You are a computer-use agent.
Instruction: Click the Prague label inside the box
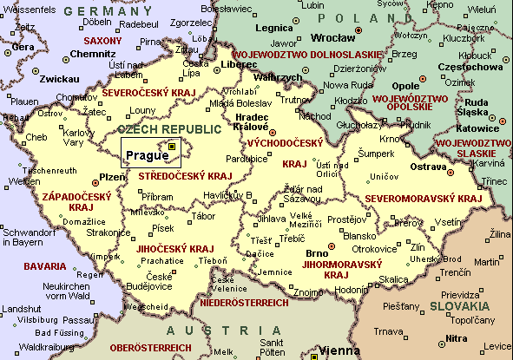pyautogui.click(x=145, y=156)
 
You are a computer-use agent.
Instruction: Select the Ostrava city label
pyautogui.click(x=429, y=166)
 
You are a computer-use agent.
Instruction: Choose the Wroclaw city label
pyautogui.click(x=333, y=37)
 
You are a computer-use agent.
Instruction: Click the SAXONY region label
pyautogui.click(x=102, y=41)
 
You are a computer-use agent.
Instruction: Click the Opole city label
pyautogui.click(x=405, y=87)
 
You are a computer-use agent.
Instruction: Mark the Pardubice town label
pyautogui.click(x=247, y=160)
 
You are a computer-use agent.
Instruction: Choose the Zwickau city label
pyautogui.click(x=36, y=79)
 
